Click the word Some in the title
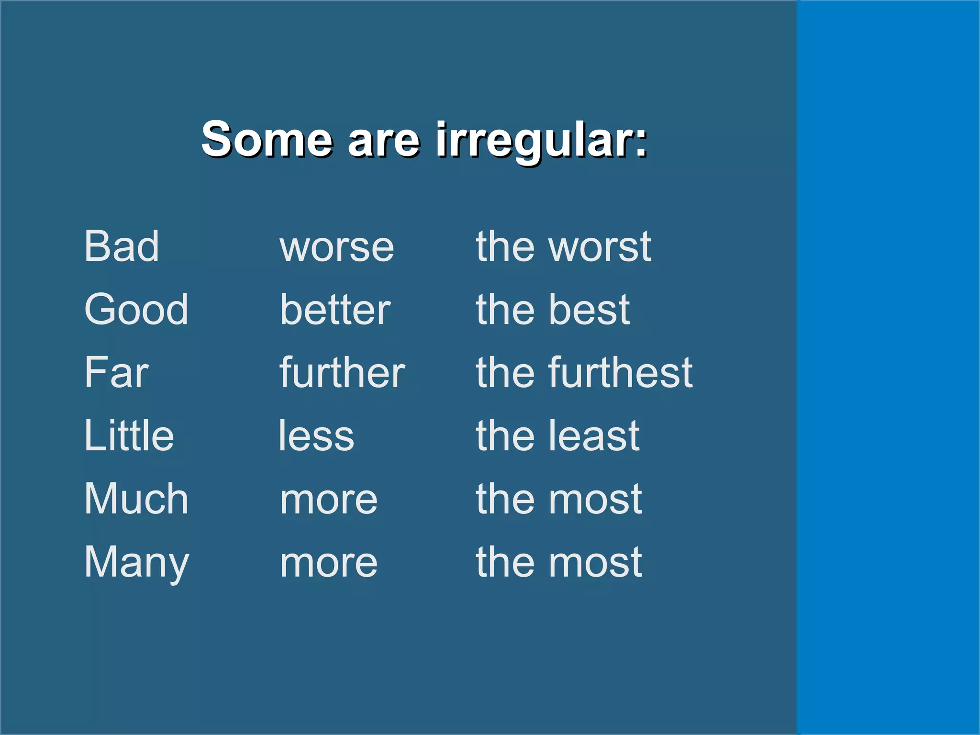266,139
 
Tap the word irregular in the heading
541,139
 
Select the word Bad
122,246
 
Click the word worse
337,248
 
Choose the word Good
136,310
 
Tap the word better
335,310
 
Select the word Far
116,373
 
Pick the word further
342,373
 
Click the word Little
129,435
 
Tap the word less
316,436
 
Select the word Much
136,499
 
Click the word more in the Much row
329,501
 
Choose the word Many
137,563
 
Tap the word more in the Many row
329,564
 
